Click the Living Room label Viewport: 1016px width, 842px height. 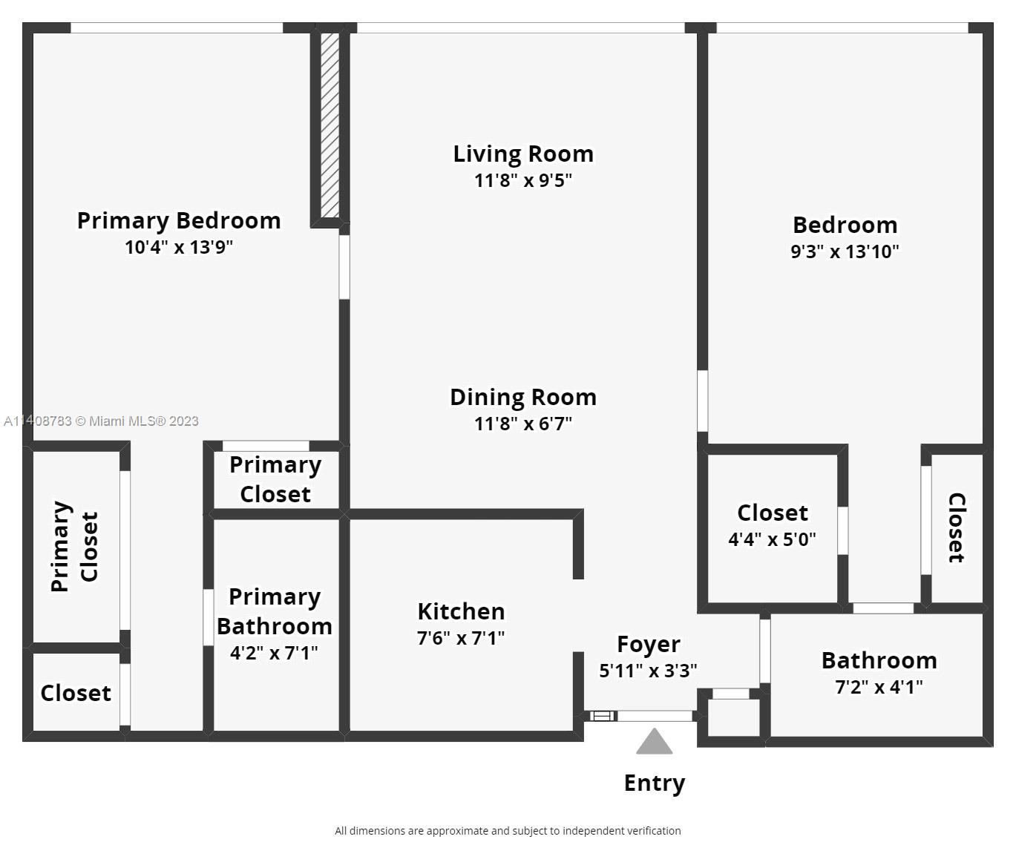[x=523, y=154]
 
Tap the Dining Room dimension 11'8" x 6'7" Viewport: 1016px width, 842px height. [x=523, y=424]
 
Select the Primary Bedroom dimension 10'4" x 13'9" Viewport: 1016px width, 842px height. [x=179, y=247]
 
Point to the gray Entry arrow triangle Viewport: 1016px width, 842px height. [x=654, y=741]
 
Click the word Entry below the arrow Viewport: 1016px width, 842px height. [x=655, y=783]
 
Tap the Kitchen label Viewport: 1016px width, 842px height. [x=461, y=611]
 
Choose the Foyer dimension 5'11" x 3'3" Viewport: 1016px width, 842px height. [x=648, y=671]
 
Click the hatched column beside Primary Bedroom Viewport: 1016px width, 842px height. [x=330, y=125]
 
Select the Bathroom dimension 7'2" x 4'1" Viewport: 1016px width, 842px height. [x=879, y=687]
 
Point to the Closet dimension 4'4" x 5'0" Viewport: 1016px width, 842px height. [x=772, y=539]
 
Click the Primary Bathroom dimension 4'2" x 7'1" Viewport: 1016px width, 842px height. [x=274, y=653]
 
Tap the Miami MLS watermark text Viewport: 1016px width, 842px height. [x=101, y=421]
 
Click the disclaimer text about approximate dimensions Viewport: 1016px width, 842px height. [x=508, y=830]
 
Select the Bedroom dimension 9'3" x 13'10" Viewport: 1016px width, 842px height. [x=845, y=251]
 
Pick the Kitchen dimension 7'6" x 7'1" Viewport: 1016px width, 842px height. [x=461, y=638]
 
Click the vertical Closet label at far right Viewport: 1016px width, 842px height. [x=957, y=527]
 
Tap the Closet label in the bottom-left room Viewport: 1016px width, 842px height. [x=76, y=693]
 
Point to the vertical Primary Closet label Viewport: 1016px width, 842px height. [x=75, y=546]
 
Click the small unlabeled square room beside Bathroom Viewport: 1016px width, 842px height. [x=733, y=718]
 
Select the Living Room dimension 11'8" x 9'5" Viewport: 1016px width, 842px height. [x=523, y=180]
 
